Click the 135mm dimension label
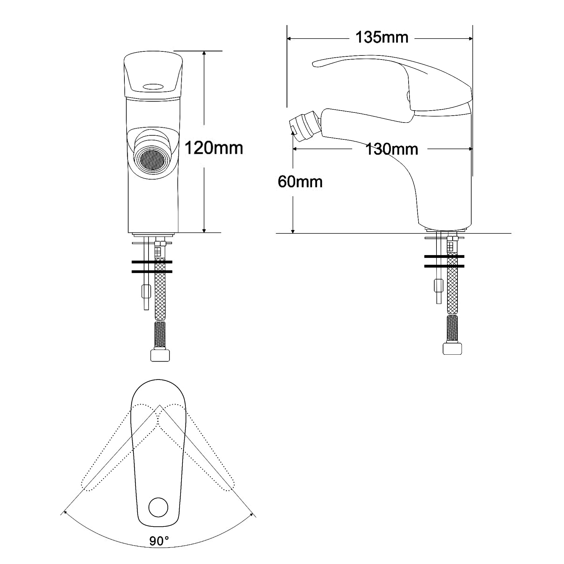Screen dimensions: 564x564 pyautogui.click(x=382, y=38)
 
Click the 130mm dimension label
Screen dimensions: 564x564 pyautogui.click(x=392, y=149)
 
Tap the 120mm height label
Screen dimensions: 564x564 pyautogui.click(x=214, y=148)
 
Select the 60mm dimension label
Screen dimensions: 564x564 pyautogui.click(x=300, y=182)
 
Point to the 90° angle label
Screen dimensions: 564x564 pyautogui.click(x=159, y=541)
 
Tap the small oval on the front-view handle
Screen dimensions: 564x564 pyautogui.click(x=153, y=86)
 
